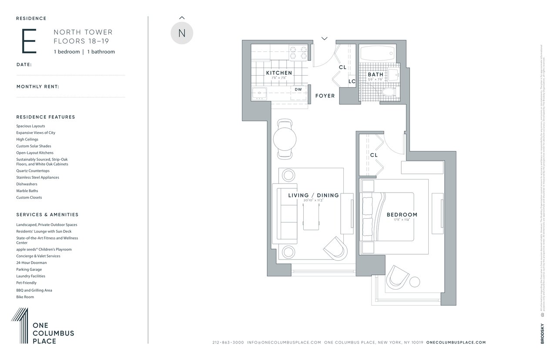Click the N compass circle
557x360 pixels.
coord(181,33)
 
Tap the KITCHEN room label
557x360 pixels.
coord(279,73)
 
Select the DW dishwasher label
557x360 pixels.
coord(298,90)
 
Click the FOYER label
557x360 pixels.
coord(325,96)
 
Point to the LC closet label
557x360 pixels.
coord(352,81)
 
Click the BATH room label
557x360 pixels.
coord(375,74)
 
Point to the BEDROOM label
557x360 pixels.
coord(402,214)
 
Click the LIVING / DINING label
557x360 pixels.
coord(313,195)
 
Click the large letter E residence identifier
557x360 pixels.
coord(29,42)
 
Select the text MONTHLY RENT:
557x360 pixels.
coord(38,87)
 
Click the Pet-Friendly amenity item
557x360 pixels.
coord(27,283)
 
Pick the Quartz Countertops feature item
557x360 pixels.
coord(33,171)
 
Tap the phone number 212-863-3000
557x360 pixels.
coord(228,343)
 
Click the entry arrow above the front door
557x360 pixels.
coord(324,39)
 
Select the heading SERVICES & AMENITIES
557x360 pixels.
coord(47,215)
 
